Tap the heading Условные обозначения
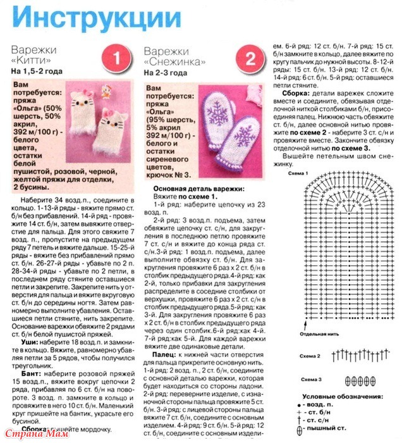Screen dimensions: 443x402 (344, 396)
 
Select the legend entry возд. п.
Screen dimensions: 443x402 (358, 404)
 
